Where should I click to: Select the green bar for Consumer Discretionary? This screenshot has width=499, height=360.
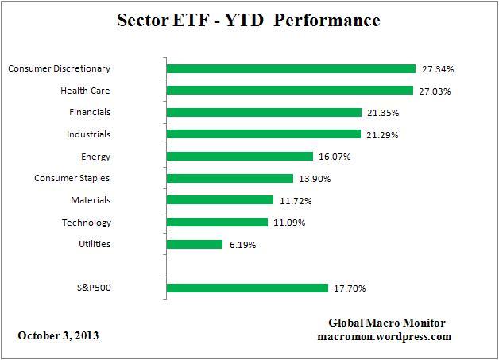pyautogui.click(x=291, y=69)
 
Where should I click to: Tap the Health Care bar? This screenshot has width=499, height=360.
pyautogui.click(x=289, y=91)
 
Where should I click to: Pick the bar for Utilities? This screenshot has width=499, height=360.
pyautogui.click(x=195, y=244)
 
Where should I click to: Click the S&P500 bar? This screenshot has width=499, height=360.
pyautogui.click(x=247, y=288)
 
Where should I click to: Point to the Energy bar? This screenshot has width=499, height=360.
pyautogui.click(x=240, y=157)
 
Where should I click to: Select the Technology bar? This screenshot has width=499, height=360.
pyautogui.click(x=217, y=223)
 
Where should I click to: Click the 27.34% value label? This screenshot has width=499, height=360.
pyautogui.click(x=438, y=69)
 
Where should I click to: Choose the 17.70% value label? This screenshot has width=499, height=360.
pyautogui.click(x=350, y=288)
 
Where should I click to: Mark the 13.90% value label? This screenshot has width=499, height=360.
pyautogui.click(x=315, y=179)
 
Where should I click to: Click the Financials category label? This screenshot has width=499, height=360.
pyautogui.click(x=90, y=113)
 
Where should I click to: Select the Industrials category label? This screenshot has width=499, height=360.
pyautogui.click(x=89, y=134)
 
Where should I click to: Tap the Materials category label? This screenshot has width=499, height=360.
pyautogui.click(x=90, y=200)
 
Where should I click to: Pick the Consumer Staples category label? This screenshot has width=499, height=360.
pyautogui.click(x=72, y=178)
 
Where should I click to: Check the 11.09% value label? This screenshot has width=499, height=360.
pyautogui.click(x=291, y=223)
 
